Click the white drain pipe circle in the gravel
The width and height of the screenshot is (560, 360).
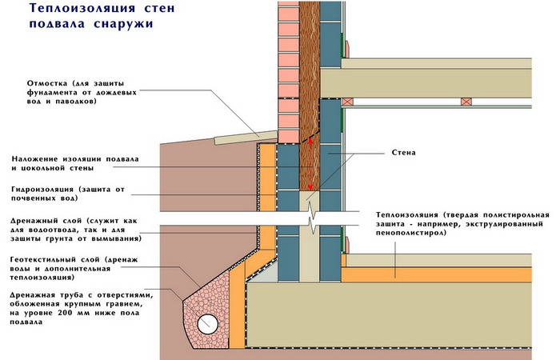[208, 323]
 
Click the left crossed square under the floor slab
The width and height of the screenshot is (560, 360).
[347, 102]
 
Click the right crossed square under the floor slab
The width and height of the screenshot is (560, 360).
[464, 102]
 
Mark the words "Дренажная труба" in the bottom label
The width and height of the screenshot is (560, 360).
[48, 294]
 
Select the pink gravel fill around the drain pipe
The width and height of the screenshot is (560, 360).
[200, 304]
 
